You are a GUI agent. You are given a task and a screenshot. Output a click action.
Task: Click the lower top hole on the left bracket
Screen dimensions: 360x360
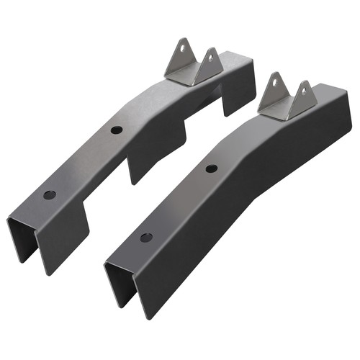(49, 195)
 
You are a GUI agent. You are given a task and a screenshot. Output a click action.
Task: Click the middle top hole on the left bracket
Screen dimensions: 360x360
(115, 130)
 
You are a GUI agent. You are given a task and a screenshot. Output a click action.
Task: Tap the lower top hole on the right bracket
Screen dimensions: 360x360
(146, 238)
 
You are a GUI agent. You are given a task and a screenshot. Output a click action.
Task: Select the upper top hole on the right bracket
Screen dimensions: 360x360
(211, 168)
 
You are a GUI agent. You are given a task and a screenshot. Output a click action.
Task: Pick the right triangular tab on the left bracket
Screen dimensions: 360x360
(208, 66)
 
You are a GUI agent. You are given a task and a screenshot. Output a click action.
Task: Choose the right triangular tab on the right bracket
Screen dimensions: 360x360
(302, 97)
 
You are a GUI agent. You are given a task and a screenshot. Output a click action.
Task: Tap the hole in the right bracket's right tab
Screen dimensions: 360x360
(305, 90)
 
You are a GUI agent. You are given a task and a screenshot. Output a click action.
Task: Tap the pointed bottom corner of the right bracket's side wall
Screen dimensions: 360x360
(150, 317)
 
